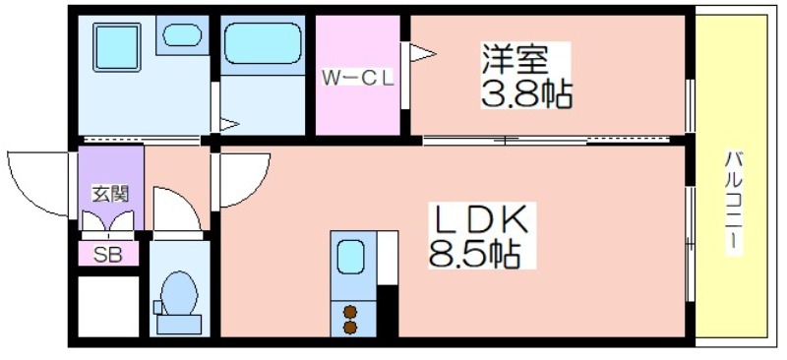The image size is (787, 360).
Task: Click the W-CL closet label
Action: coord(357,78)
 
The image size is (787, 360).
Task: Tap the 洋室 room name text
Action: coord(515,59)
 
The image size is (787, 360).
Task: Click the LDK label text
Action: coord(480,219)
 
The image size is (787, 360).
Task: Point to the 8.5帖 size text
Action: coord(474,254)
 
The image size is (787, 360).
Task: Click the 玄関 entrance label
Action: coord(110,194)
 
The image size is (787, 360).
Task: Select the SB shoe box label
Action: coord(108,255)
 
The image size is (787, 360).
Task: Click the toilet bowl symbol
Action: coord(179,301)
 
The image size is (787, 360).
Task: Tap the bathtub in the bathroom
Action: coord(263,43)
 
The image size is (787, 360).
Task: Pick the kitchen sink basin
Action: coord(350,256)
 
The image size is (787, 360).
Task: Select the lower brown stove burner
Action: coord(350,328)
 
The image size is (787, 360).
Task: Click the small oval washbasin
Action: coord(182,35)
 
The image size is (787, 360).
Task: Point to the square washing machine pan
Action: coord(116,47)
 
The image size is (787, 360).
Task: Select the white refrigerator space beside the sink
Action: coord(387,258)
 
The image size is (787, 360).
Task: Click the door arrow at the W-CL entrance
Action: coord(422,53)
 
